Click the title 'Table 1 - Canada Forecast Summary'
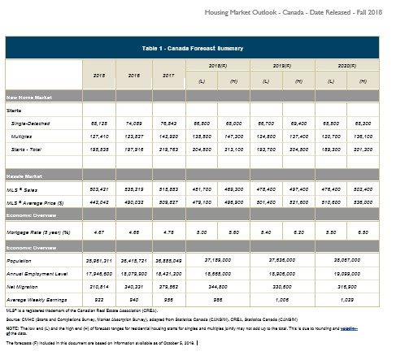[198, 49]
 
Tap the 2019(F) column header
[281, 64]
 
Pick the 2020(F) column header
[346, 64]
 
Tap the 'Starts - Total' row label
[33, 152]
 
